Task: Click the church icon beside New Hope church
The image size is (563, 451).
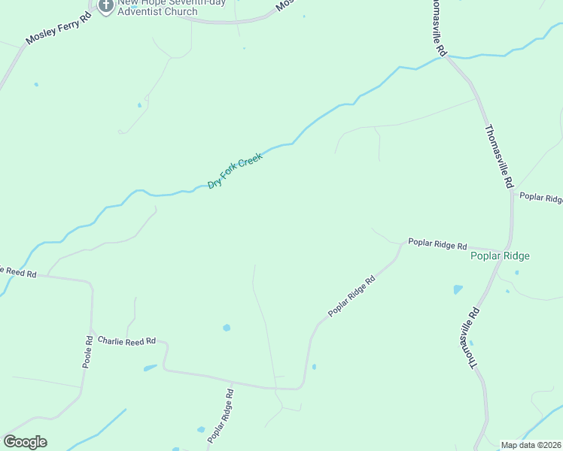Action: [x=105, y=7]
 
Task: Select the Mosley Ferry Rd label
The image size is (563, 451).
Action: [x=58, y=29]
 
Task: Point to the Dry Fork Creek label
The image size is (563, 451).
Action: [x=235, y=171]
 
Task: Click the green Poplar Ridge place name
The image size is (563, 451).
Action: [x=500, y=256]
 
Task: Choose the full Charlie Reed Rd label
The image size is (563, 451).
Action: [x=126, y=341]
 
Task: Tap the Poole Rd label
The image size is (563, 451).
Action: [x=88, y=351]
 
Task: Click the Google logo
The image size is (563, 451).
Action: [x=25, y=442]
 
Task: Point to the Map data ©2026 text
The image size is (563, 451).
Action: [x=531, y=445]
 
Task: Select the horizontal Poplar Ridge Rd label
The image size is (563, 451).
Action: [x=437, y=244]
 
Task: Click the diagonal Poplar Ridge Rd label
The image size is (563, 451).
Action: [x=351, y=297]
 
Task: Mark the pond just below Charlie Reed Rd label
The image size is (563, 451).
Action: [x=151, y=368]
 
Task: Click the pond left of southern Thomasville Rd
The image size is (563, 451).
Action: [x=458, y=289]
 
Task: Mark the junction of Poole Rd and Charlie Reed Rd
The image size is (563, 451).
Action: [x=93, y=330]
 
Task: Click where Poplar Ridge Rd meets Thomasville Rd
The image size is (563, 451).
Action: [x=507, y=250]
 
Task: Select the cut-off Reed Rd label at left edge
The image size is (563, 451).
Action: [x=18, y=271]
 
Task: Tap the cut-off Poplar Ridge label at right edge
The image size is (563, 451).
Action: [x=541, y=198]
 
